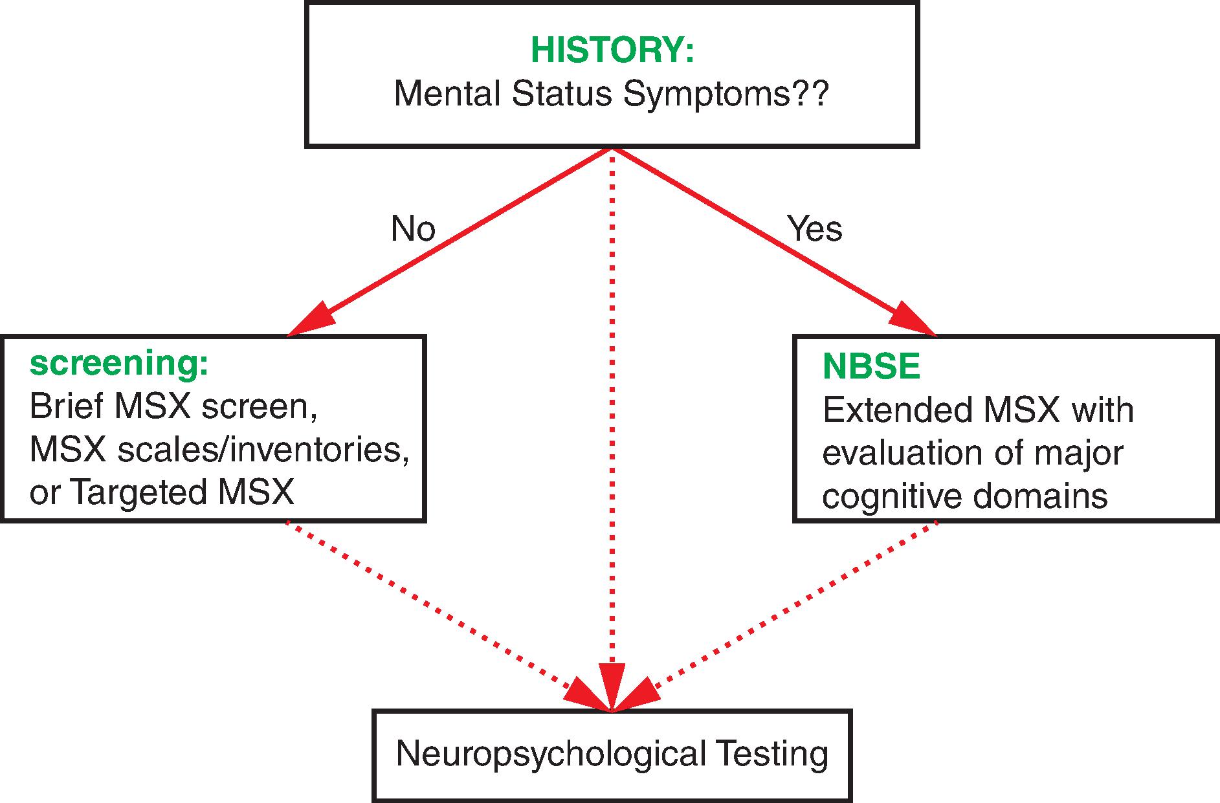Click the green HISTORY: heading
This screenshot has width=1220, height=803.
tap(612, 51)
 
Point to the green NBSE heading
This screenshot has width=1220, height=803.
tap(871, 367)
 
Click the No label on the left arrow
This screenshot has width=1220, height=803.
tap(413, 228)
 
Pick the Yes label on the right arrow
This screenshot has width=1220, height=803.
tap(815, 228)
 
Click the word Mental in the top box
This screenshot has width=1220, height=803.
tap(447, 94)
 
